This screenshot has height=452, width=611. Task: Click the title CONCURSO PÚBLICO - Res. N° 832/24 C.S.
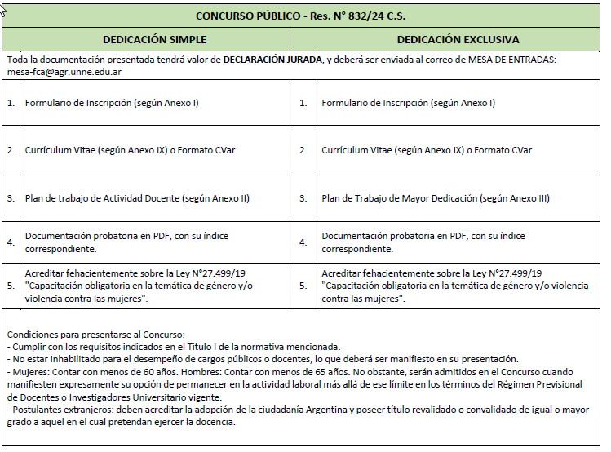tap(301, 16)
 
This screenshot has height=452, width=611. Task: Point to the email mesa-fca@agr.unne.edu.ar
tap(64, 72)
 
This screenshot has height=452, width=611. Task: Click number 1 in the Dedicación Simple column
tap(11, 104)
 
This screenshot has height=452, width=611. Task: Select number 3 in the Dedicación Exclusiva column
tap(303, 198)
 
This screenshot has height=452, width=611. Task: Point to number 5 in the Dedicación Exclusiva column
tap(303, 286)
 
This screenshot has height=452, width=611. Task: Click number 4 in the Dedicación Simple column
tap(11, 242)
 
